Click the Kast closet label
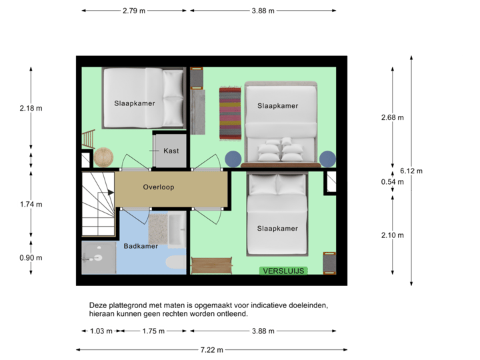[171, 151]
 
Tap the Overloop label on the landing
[159, 187]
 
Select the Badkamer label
[140, 246]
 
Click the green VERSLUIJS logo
[283, 270]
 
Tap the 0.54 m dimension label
[392, 182]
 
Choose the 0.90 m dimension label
[31, 258]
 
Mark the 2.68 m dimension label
[392, 117]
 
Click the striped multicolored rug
[230, 113]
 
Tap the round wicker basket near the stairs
[104, 157]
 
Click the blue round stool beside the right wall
[327, 159]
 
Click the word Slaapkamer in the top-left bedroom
[135, 103]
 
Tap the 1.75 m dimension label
[153, 331]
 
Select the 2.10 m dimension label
[392, 235]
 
